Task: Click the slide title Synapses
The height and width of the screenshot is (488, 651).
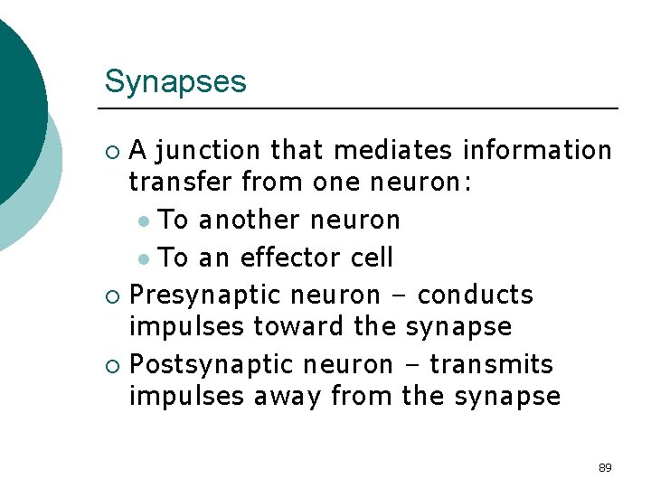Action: tap(175, 82)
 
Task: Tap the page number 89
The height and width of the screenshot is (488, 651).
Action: tap(605, 467)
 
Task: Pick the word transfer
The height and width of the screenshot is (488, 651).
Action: tap(181, 183)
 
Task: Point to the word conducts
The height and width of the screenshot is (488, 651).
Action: tap(476, 295)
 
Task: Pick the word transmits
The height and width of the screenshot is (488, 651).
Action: tap(491, 364)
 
